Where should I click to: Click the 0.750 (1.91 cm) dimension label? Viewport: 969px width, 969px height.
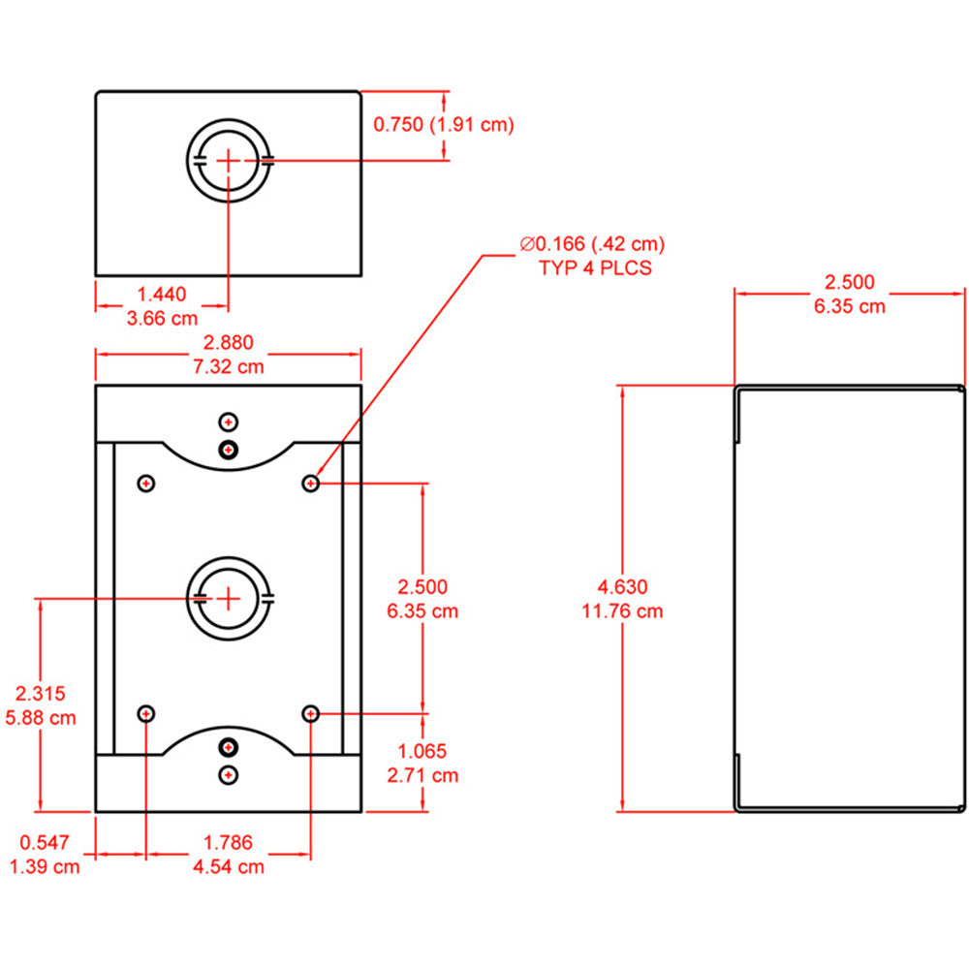click(443, 124)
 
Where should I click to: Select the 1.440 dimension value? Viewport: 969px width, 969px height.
click(162, 294)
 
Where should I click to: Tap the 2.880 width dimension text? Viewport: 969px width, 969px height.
click(228, 342)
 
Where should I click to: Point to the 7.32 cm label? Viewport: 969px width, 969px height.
click(228, 366)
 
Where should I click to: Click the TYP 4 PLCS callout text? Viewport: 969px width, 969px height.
click(595, 268)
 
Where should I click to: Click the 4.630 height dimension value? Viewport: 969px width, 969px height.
click(622, 586)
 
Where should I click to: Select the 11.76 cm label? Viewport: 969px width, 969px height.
click(622, 610)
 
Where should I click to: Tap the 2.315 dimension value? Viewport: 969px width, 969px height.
click(40, 693)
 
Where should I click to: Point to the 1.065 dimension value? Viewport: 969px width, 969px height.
click(422, 750)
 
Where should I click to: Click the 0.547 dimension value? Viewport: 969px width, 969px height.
click(44, 842)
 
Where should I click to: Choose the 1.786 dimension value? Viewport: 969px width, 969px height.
click(228, 842)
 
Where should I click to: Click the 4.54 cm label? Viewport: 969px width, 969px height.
click(228, 866)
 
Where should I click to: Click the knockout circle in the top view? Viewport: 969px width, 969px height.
click(228, 160)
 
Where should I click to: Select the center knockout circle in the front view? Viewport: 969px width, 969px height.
click(228, 598)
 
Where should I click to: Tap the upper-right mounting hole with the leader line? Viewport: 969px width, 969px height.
click(311, 483)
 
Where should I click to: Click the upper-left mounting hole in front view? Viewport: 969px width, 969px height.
click(145, 483)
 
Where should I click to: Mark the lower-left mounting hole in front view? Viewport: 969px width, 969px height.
click(145, 714)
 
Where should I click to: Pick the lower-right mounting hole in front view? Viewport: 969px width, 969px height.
click(311, 714)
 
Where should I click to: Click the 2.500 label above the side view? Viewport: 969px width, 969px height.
click(849, 282)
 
